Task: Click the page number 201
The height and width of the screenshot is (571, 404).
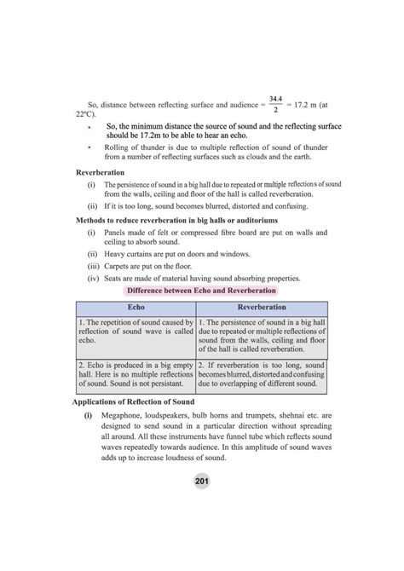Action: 201,482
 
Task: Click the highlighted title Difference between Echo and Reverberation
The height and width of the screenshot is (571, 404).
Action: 201,290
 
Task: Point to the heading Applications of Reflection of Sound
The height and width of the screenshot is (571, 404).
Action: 133,400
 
